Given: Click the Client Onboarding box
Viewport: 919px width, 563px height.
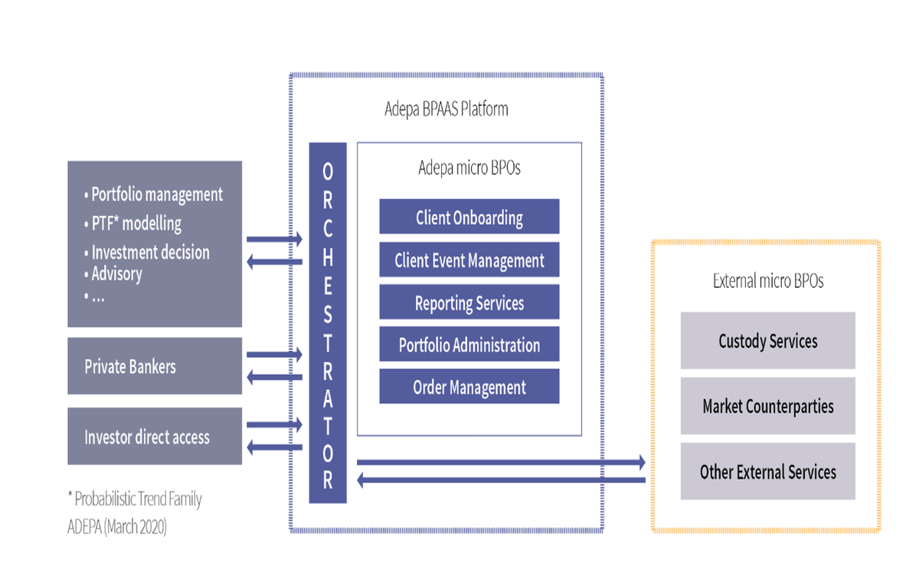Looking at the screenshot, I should pyautogui.click(x=469, y=218).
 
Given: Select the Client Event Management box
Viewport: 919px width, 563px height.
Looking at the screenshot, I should pyautogui.click(x=469, y=260).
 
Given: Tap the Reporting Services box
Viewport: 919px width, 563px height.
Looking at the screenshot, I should pyautogui.click(x=469, y=303).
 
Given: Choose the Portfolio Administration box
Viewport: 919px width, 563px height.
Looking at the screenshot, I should pyautogui.click(x=469, y=345).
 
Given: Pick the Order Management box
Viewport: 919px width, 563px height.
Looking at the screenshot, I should pyautogui.click(x=469, y=387).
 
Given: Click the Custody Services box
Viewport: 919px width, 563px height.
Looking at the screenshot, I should pyautogui.click(x=768, y=341).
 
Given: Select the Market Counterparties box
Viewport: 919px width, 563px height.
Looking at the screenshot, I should pyautogui.click(x=768, y=406).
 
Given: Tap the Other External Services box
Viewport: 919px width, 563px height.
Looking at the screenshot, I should pyautogui.click(x=768, y=472).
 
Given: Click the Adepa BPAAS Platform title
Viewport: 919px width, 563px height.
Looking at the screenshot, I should pyautogui.click(x=446, y=109).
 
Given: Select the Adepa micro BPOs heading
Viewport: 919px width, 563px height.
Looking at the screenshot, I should pyautogui.click(x=469, y=168).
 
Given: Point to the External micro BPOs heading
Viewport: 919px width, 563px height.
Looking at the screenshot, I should pyautogui.click(x=767, y=281).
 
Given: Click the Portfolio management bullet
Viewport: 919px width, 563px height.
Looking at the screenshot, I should pyautogui.click(x=156, y=195).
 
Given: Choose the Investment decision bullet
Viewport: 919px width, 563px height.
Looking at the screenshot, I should pyautogui.click(x=149, y=252).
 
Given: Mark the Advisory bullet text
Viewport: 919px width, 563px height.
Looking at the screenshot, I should pyautogui.click(x=116, y=273).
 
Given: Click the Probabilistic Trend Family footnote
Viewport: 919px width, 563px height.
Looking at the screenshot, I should pyautogui.click(x=135, y=499).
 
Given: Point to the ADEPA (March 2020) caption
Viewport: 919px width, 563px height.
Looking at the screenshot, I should pyautogui.click(x=116, y=528).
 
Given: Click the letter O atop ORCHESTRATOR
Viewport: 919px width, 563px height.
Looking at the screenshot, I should pyautogui.click(x=328, y=168).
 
